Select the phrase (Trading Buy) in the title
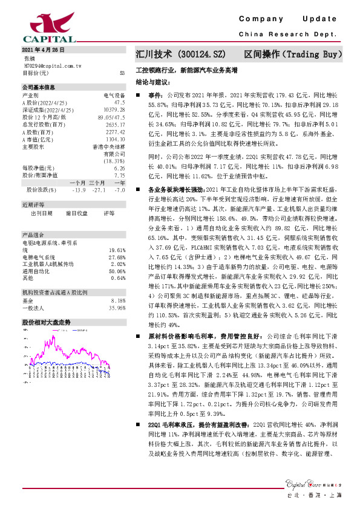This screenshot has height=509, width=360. pos(310,54)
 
